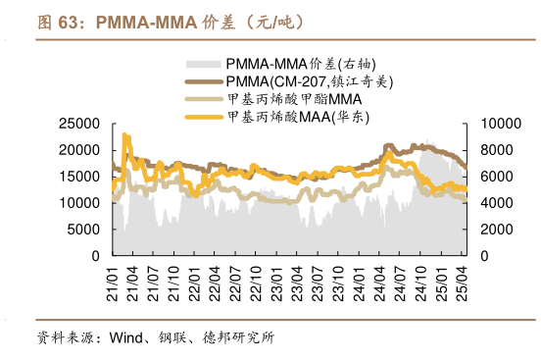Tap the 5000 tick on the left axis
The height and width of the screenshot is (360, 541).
[x=82, y=230]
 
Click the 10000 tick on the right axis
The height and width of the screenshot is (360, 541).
[x=499, y=124]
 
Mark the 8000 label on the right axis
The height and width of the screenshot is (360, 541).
[x=495, y=150]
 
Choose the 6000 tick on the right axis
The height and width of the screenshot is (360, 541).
[x=495, y=177]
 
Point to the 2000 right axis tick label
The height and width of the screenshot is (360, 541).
[x=495, y=230]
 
